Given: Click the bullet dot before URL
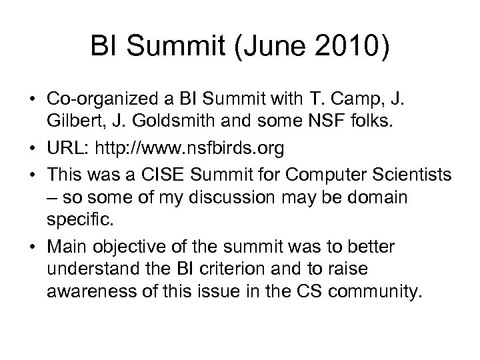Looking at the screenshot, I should pyautogui.click(x=31, y=148).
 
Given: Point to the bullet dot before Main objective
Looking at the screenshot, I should pyautogui.click(x=31, y=247).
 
